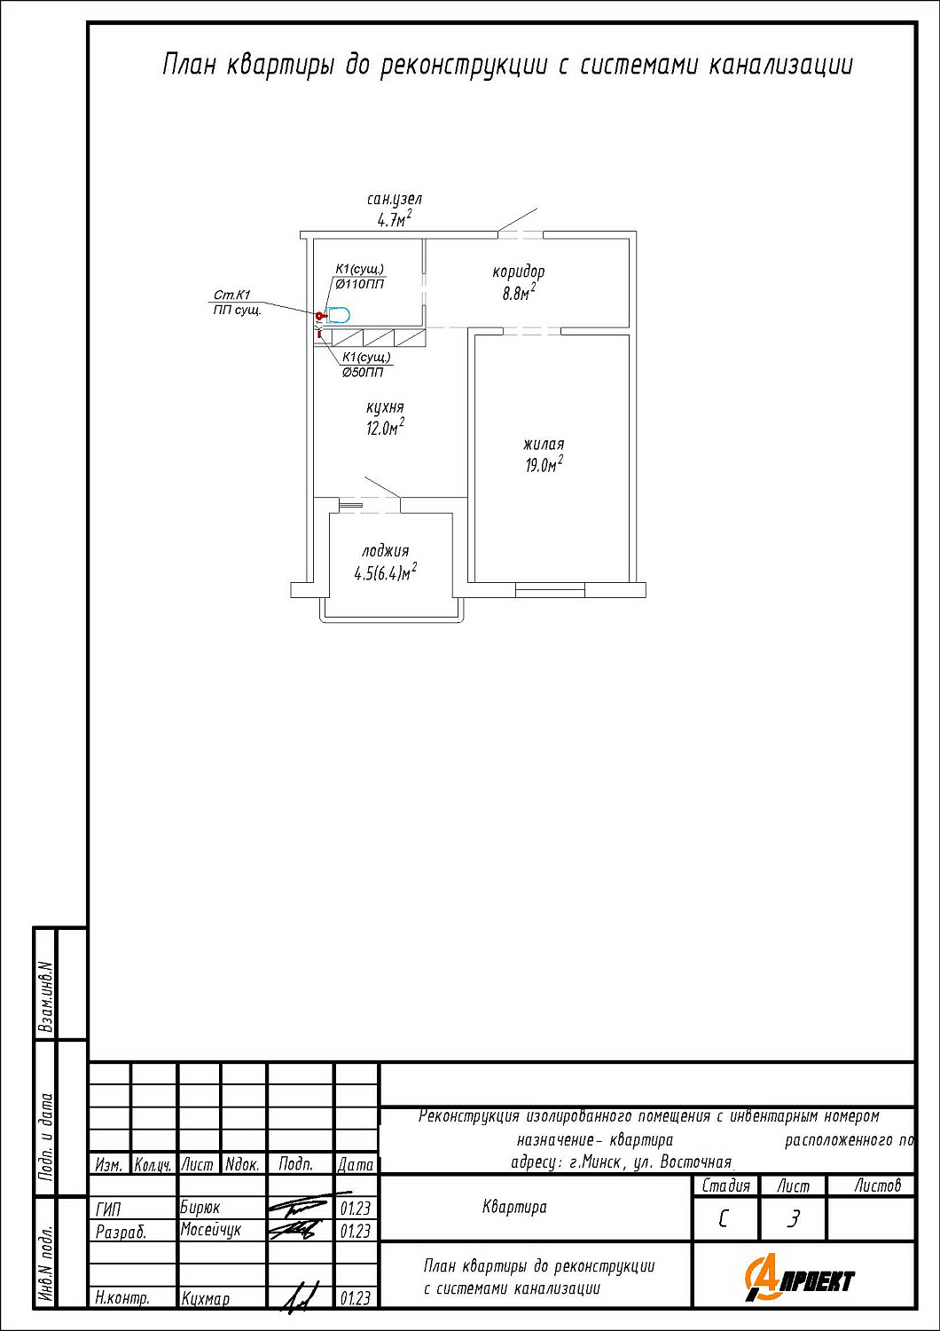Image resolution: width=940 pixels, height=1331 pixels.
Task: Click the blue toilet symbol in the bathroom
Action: point(338,314)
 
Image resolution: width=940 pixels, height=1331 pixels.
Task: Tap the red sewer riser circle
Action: point(319,315)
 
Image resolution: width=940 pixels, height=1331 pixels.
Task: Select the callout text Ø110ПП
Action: point(359,284)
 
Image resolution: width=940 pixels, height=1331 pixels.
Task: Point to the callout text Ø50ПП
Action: point(362,373)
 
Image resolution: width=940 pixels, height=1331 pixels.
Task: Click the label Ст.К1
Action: point(231,295)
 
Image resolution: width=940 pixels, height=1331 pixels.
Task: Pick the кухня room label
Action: point(385,407)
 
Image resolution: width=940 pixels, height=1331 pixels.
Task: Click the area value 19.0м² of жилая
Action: point(544,464)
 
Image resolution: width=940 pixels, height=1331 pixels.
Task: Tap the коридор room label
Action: point(519,272)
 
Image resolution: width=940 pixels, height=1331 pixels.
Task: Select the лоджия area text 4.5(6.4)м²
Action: point(386,572)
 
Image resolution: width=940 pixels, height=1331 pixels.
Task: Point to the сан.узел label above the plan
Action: point(395,199)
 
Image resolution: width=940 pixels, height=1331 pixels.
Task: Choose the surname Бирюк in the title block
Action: point(200,1208)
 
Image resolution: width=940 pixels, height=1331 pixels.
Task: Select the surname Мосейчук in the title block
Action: point(211,1229)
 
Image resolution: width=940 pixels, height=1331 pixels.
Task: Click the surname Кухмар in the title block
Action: point(206,1299)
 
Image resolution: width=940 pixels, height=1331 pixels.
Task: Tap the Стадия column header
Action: point(725,1186)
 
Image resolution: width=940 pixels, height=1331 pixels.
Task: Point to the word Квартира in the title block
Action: point(514,1207)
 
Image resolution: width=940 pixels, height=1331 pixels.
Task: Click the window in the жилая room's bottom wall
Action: point(550,589)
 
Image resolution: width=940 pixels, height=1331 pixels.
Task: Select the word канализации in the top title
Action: point(781,65)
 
